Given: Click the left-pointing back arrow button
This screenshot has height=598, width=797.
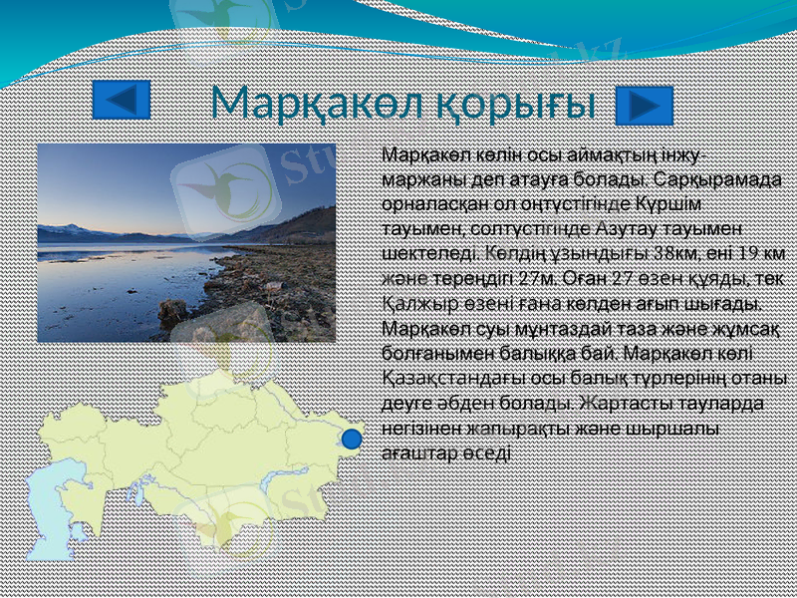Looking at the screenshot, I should tap(121, 101).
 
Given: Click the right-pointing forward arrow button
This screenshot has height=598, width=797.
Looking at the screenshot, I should tap(645, 105).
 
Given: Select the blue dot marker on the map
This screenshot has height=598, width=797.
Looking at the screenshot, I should tap(350, 438).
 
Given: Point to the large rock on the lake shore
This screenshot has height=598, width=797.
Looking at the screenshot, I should tap(173, 310).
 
